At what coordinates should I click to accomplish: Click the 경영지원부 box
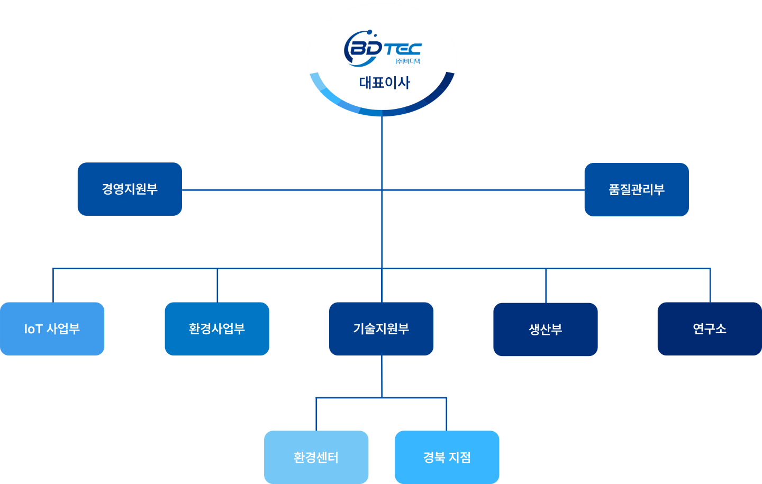tap(130, 189)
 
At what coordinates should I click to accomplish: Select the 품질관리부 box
tap(637, 189)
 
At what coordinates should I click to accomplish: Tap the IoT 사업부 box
tap(52, 329)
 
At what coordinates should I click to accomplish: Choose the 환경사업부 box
tap(217, 329)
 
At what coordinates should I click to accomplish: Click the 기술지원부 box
tap(381, 329)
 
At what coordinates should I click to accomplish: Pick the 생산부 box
tap(545, 329)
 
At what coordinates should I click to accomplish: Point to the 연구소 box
tap(710, 329)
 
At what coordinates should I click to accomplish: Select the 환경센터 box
tap(316, 457)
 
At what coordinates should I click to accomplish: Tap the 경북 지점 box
tap(447, 457)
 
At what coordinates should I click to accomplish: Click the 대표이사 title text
tap(384, 83)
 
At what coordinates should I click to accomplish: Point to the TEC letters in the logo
tap(403, 49)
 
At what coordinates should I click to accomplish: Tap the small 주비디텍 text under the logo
tap(408, 61)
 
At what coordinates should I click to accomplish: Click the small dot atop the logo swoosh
tap(370, 32)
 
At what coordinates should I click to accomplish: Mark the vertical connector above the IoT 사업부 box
tap(53, 285)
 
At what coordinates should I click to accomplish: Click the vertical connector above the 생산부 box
tap(546, 286)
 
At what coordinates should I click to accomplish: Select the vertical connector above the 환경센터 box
tap(316, 414)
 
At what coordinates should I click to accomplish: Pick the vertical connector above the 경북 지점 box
tap(447, 414)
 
